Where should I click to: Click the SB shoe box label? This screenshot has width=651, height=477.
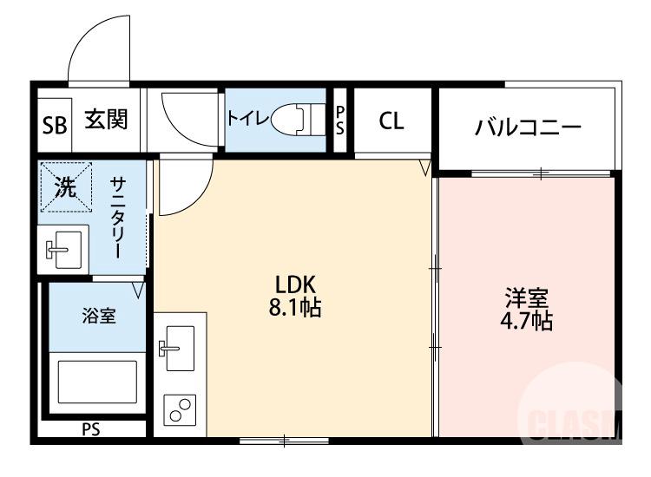[x=54, y=124]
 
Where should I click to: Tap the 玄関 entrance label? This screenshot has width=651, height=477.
[x=106, y=120]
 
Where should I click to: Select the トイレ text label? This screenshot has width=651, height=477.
[x=247, y=119]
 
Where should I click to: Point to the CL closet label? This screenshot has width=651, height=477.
[x=391, y=121]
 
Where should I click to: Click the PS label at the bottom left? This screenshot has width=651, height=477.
[x=90, y=429]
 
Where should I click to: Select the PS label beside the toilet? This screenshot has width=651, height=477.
[x=340, y=120]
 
